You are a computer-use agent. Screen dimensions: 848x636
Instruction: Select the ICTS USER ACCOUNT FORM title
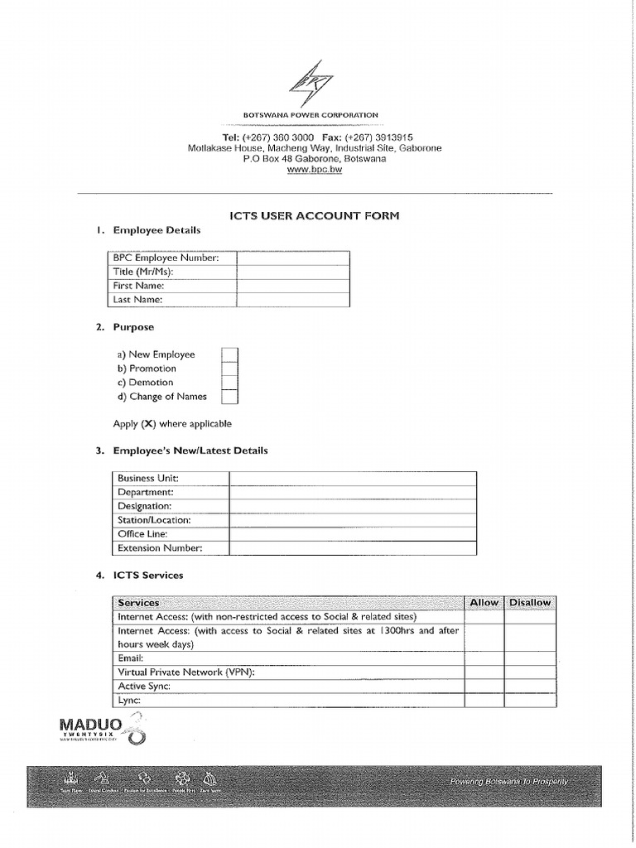click(x=315, y=216)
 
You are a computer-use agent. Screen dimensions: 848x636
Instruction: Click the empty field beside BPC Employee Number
click(x=292, y=258)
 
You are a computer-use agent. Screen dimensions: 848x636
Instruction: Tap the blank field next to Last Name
click(x=292, y=300)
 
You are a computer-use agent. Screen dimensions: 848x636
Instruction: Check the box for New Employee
click(x=229, y=354)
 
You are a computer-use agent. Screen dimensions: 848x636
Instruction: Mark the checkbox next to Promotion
click(x=229, y=369)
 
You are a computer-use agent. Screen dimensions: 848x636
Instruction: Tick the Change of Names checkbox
click(x=229, y=397)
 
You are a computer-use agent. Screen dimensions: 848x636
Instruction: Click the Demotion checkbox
click(x=229, y=383)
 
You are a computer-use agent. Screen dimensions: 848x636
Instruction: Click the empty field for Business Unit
click(x=353, y=479)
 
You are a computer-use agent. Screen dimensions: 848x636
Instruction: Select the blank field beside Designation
click(x=353, y=506)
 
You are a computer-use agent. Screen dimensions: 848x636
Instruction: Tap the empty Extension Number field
click(x=353, y=548)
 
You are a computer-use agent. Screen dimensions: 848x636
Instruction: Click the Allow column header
click(x=484, y=603)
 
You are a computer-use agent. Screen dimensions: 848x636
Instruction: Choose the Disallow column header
click(x=529, y=603)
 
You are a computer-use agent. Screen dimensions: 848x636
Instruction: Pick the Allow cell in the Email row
click(x=484, y=658)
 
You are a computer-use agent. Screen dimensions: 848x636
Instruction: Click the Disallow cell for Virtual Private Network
click(x=529, y=672)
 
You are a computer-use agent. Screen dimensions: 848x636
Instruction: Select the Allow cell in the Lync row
click(x=484, y=701)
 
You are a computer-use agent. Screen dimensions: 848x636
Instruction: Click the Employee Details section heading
click(x=157, y=230)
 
